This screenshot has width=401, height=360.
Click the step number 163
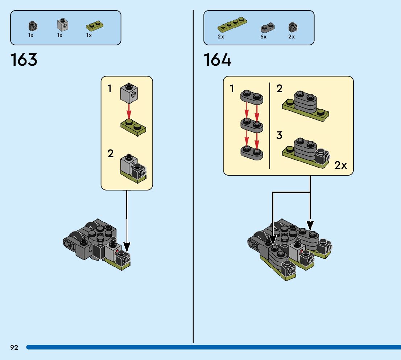[x=24, y=60]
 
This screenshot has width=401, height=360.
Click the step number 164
[x=217, y=60]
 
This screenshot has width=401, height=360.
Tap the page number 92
[x=14, y=348]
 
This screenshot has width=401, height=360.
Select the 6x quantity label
[x=263, y=37]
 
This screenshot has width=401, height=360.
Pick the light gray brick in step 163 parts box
[x=63, y=25]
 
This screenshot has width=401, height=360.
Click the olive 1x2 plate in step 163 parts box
[x=94, y=26]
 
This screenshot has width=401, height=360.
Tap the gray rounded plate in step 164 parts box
[x=268, y=27]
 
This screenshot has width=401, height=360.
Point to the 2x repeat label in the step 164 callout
[x=340, y=165]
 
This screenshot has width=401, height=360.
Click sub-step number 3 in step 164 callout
[x=279, y=136]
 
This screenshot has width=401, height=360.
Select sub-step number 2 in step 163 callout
[x=111, y=154]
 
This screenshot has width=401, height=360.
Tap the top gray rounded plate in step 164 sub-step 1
[x=252, y=97]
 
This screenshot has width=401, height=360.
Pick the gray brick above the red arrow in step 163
[x=129, y=92]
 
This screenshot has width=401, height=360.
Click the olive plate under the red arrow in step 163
[x=133, y=128]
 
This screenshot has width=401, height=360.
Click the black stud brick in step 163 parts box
[x=33, y=26]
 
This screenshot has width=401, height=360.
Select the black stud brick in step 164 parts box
[x=293, y=27]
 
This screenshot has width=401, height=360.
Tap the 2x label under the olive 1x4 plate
[x=221, y=37]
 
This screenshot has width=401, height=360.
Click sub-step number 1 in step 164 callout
[x=232, y=88]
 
